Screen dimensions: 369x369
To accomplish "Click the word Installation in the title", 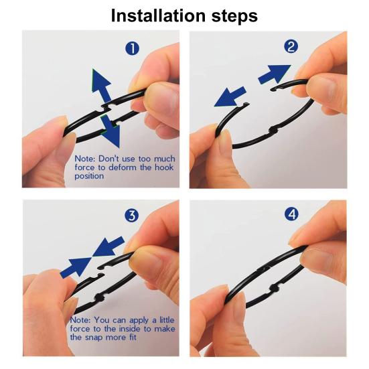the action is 158,15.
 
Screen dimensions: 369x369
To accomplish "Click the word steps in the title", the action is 234,17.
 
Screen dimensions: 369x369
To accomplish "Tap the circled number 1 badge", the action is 132,48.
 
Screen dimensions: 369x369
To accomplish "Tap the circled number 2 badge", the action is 291,46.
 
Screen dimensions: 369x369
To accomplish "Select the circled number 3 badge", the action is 132,216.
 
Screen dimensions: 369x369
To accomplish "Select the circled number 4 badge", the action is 291,214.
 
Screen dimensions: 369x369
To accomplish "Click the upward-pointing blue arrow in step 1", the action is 100,86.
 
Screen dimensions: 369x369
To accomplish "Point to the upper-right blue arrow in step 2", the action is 275,74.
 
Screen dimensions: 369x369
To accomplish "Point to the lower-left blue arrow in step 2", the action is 230,96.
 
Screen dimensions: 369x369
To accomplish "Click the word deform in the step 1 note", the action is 123,167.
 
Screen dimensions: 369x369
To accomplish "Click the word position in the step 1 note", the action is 89,176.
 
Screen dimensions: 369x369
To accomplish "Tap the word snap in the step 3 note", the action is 94,338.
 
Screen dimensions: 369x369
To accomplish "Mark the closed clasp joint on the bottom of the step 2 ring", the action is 274,131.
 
